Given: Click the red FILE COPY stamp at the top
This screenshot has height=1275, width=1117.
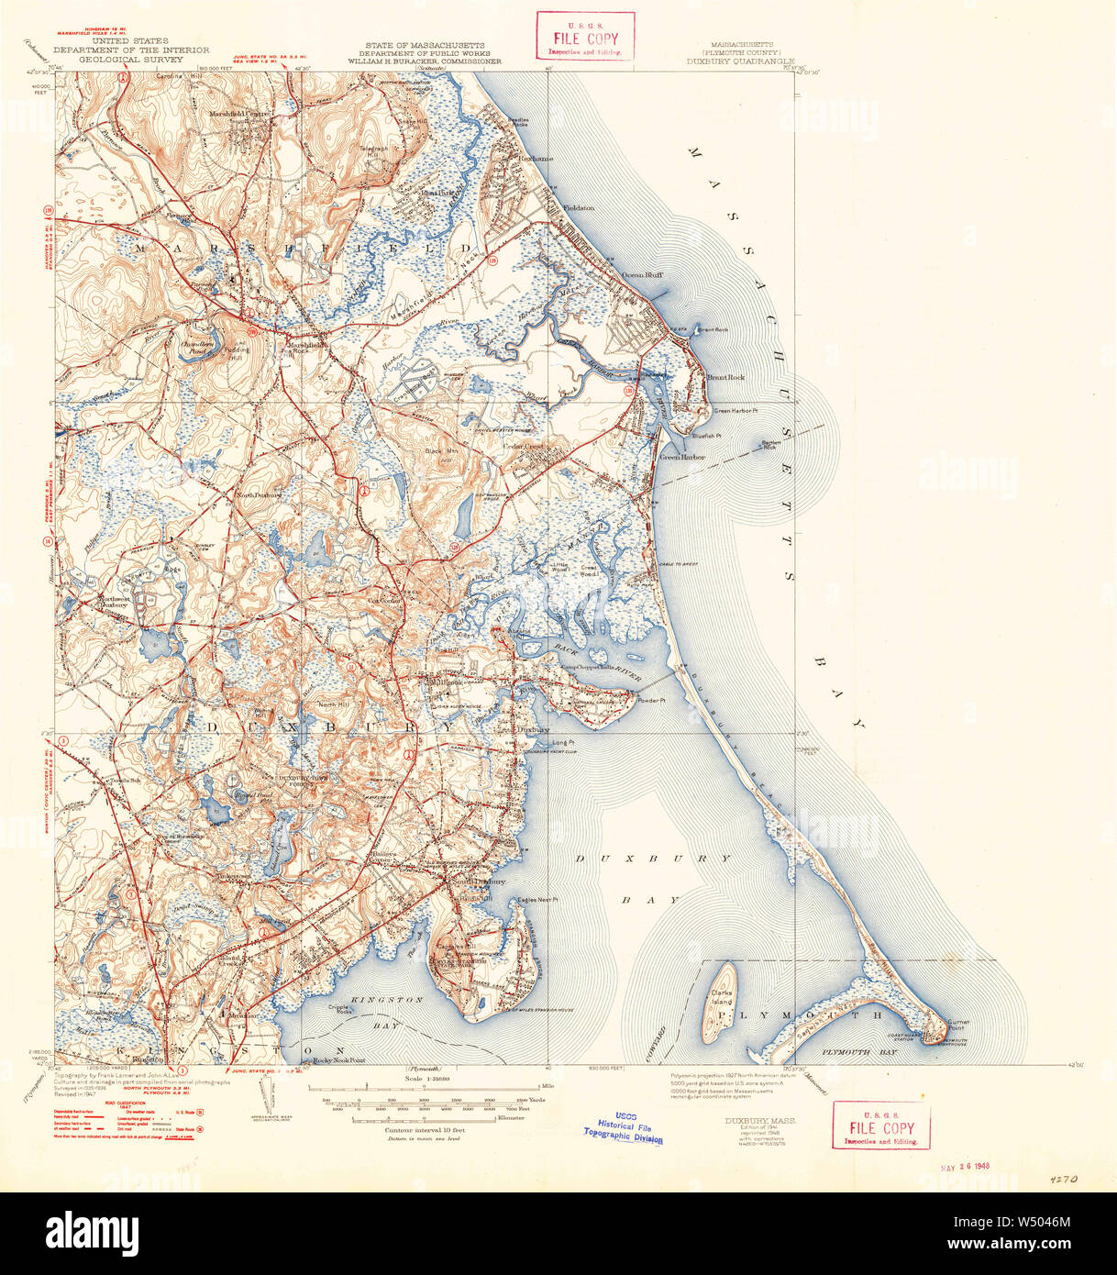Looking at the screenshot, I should point(585,38).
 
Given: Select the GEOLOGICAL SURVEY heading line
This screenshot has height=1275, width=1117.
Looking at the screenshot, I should point(130,59).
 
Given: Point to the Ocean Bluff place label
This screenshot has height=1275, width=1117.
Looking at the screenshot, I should point(643,274).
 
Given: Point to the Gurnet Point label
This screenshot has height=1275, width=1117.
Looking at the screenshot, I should point(958,1025).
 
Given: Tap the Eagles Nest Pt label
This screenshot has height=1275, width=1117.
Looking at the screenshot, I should point(537,900).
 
